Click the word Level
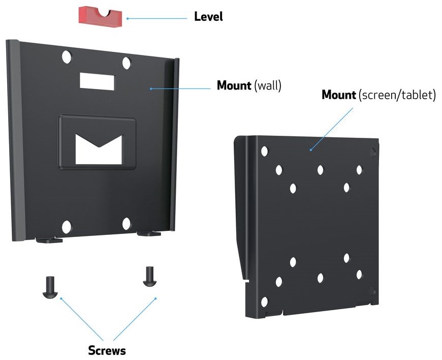pos(208,17)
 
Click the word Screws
pos(107,350)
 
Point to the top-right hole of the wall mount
pos(127,63)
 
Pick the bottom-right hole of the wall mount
pos(127,223)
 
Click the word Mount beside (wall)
pos(234,85)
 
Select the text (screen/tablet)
pos(397,95)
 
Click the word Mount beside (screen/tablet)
pos(339,95)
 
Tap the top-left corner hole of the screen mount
pos(264,151)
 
